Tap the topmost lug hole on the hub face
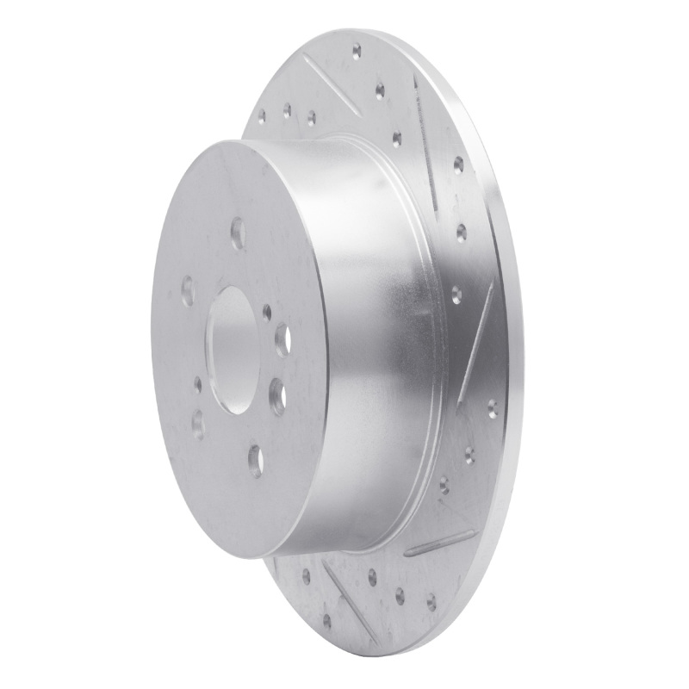237,233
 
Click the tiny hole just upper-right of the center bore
266,312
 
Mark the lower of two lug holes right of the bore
277,396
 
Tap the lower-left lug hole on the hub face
198,422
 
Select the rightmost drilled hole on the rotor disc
492,406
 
